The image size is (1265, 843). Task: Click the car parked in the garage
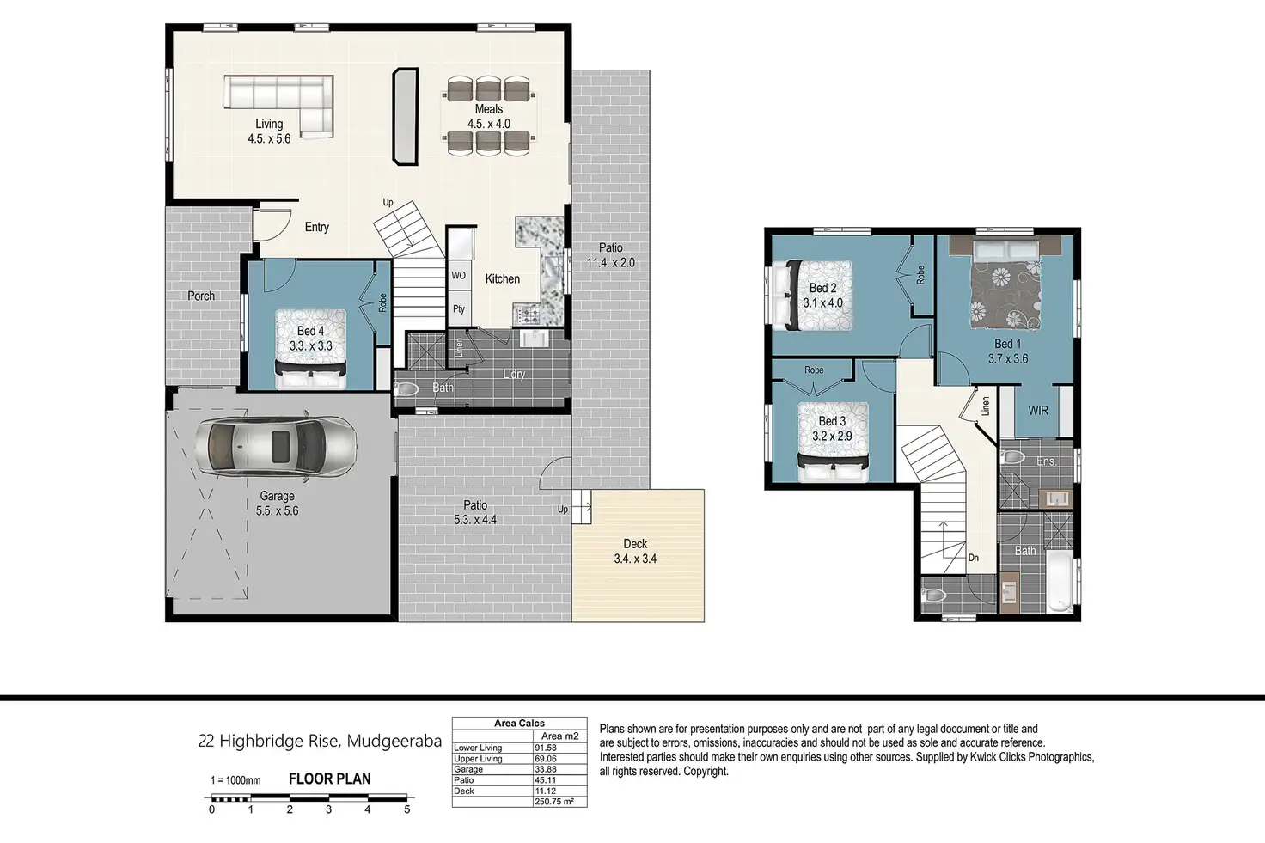276,445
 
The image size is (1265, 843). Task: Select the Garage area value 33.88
545,769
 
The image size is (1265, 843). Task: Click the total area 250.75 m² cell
554,801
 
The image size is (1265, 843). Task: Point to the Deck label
635,544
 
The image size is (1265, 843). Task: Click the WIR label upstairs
1038,411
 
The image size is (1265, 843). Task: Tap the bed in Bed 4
310,349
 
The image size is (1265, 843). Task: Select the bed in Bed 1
1006,285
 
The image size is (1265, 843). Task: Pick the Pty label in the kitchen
459,308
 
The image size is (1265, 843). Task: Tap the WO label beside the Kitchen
459,276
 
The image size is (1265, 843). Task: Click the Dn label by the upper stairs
974,558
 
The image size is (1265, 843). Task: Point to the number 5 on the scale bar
406,809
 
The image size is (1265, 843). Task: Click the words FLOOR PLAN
330,779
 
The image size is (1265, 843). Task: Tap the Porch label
201,296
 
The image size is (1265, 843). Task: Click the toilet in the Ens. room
1013,457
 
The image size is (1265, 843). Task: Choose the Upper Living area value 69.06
546,758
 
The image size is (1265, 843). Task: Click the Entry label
317,227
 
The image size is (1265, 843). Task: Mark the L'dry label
515,374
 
